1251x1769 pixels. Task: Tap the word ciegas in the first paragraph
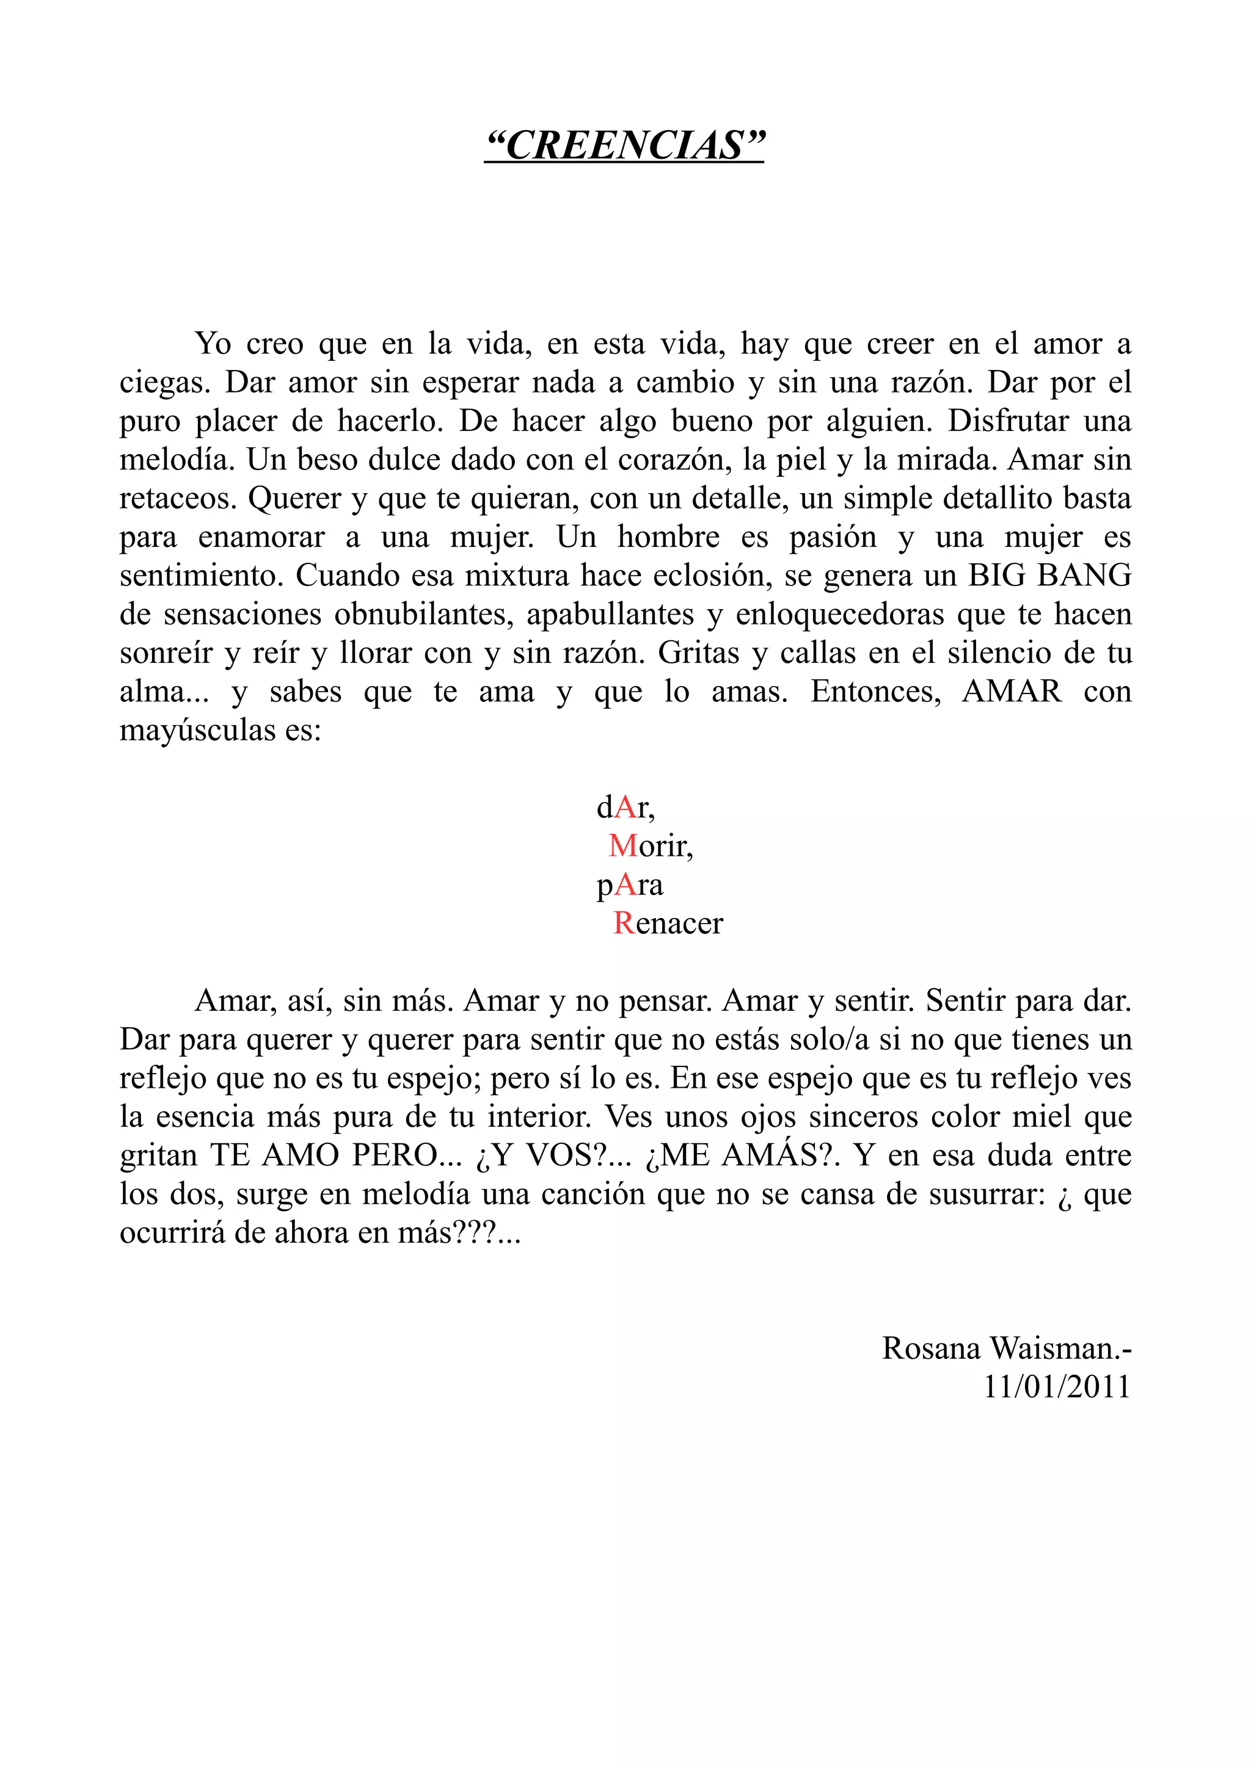[164, 383]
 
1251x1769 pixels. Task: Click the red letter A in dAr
[627, 808]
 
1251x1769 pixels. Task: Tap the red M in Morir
[623, 846]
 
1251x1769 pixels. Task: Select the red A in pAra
[626, 884]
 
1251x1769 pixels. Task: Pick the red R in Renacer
[623, 923]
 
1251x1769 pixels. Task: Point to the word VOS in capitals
[560, 1155]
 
